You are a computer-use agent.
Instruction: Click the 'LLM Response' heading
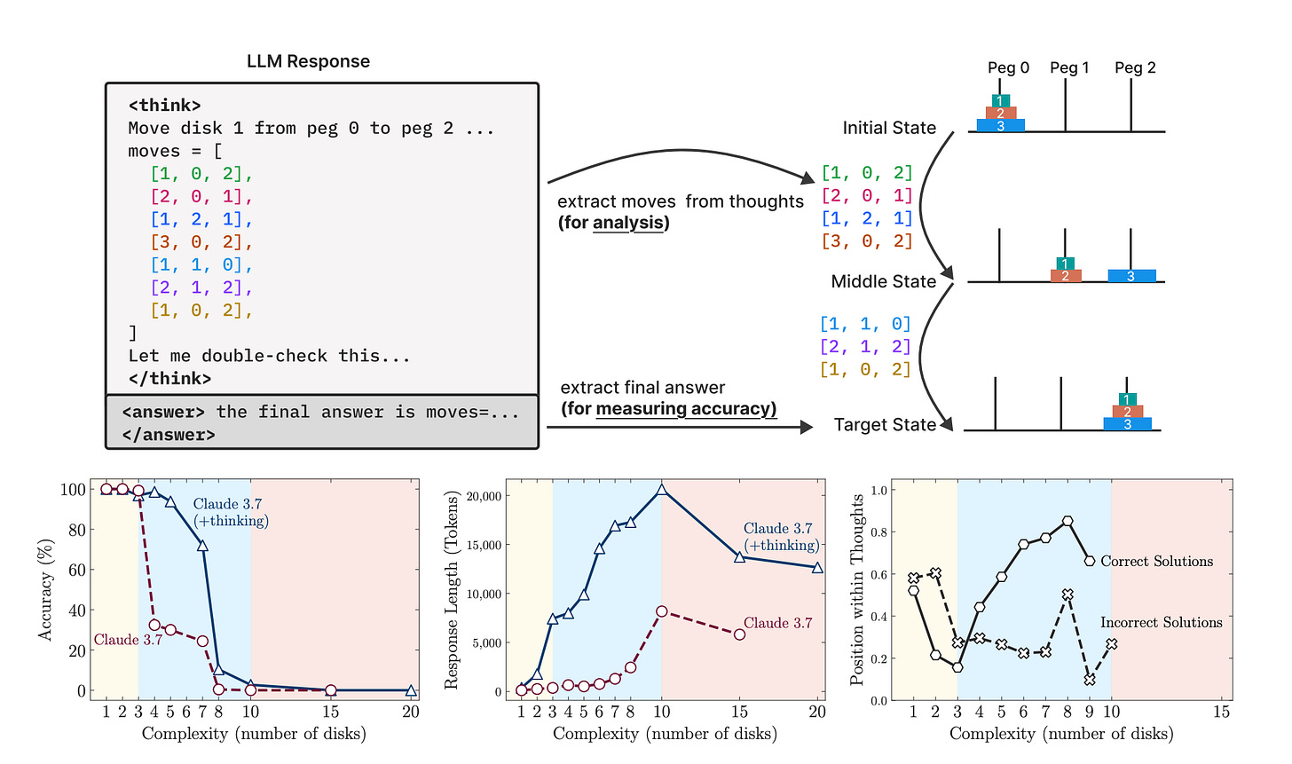point(308,61)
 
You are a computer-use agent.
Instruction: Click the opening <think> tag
point(165,106)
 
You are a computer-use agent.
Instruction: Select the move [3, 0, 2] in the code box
point(201,241)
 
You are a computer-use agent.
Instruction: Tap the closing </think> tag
point(169,379)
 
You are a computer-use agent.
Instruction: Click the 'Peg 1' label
point(1069,67)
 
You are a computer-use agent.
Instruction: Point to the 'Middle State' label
point(883,281)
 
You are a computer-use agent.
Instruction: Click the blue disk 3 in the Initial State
point(1000,126)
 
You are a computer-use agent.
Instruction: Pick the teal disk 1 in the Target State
point(1127,399)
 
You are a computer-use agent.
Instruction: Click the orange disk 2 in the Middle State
point(1065,276)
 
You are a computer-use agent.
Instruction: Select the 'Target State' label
point(885,425)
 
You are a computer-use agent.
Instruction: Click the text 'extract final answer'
point(642,388)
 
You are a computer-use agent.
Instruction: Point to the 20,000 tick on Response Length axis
point(485,495)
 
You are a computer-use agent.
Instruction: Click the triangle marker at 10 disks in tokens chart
point(661,490)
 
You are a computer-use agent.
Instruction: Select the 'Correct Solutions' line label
point(1156,561)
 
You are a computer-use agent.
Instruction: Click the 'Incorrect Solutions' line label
point(1161,622)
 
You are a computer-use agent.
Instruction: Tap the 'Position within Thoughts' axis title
point(856,590)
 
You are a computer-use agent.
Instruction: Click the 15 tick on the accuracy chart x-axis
point(330,712)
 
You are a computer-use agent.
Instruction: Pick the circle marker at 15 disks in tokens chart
point(739,634)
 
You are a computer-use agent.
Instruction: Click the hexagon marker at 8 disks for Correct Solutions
point(1067,521)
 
